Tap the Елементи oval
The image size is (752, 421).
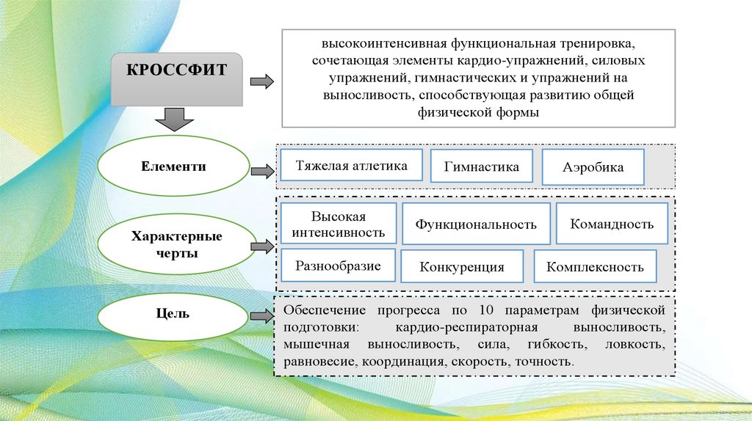174,167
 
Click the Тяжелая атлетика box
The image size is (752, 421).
352,166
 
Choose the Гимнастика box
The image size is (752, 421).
481,166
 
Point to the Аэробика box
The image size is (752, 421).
593,167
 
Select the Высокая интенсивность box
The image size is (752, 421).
338,224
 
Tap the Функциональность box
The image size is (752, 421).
475,224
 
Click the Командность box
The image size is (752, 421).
612,224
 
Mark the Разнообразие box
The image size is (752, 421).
338,266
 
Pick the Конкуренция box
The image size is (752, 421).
462,267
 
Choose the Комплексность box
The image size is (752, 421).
594,267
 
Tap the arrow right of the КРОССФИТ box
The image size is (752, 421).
261,81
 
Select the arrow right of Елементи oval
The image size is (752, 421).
261,172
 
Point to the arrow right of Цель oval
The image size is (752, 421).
261,316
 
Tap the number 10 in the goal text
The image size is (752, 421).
485,310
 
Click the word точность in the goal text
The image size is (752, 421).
543,362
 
